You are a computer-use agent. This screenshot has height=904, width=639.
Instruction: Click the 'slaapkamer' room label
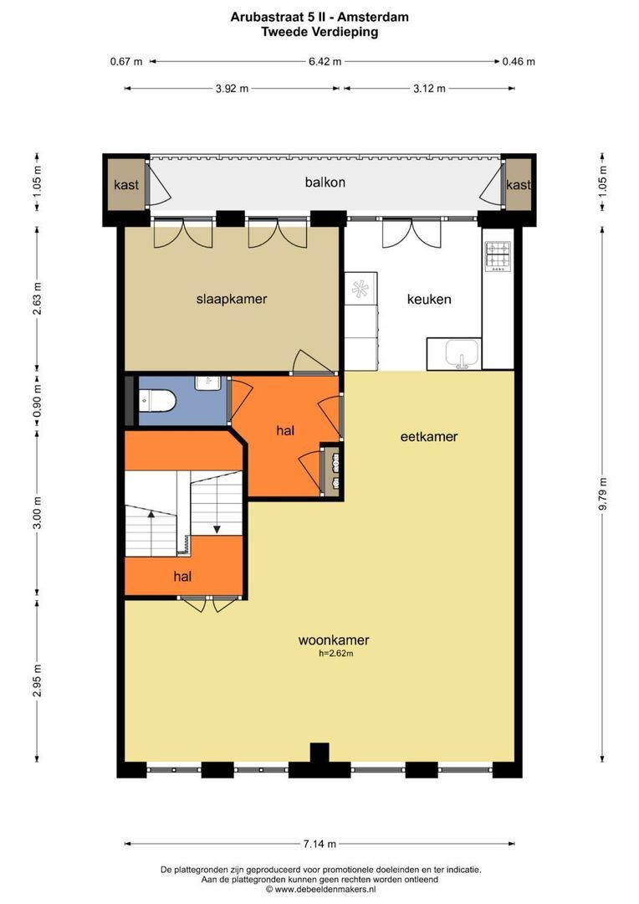coord(232,299)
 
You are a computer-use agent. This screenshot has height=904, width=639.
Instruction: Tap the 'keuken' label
coord(429,299)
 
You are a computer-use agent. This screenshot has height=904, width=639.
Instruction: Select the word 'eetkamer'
coord(429,436)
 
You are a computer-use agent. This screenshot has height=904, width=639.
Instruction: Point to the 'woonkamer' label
coord(334,640)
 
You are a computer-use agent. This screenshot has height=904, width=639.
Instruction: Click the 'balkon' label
coord(325,182)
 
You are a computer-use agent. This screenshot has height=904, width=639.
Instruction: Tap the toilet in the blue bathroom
coord(156,401)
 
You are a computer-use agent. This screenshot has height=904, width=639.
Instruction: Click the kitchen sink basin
coord(462,352)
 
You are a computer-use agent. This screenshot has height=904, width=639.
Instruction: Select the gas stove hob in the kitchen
coord(498,256)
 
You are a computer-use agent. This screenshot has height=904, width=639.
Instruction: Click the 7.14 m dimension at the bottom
coord(319,844)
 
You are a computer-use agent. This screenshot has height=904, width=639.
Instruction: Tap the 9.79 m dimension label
coord(603,494)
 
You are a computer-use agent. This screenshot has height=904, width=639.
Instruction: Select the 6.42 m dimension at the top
coord(325,61)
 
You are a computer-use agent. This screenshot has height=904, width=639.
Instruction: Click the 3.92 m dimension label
coord(233,89)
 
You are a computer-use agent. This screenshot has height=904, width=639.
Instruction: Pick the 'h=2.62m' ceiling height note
coord(336,654)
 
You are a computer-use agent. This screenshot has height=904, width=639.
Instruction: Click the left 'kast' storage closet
coord(126,184)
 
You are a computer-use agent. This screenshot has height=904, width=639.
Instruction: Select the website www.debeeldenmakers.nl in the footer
coord(325,890)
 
